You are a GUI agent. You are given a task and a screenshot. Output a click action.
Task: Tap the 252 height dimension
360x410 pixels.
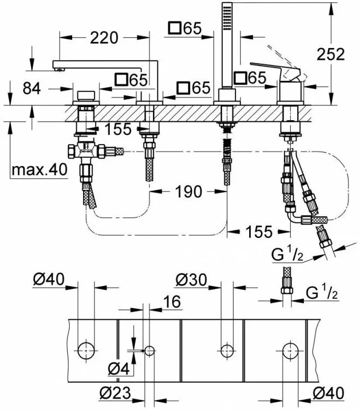click(x=331, y=55)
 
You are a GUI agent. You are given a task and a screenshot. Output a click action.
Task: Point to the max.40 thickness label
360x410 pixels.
click(x=39, y=170)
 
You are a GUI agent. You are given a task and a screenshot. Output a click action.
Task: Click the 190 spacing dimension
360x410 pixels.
click(x=188, y=192)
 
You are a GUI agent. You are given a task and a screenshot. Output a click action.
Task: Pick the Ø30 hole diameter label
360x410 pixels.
click(x=191, y=280)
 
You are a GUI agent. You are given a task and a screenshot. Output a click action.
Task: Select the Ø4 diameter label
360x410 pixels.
click(x=119, y=369)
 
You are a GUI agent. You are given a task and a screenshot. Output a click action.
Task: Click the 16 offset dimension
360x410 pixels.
click(x=172, y=301)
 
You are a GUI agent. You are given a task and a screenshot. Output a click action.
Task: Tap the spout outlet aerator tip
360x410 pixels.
click(x=60, y=69)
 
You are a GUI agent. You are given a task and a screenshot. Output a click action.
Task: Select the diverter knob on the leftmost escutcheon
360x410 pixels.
click(x=86, y=96)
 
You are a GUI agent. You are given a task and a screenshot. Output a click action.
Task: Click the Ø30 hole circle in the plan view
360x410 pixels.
click(x=227, y=350)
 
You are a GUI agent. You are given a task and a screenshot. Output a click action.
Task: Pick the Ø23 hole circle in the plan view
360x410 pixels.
click(x=149, y=350)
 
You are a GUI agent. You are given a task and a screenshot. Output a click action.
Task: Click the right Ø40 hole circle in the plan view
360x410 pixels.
click(x=291, y=350)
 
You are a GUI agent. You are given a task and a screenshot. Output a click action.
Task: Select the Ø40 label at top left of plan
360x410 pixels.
click(x=49, y=280)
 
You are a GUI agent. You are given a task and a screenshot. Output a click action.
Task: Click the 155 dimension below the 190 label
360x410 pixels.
click(x=259, y=231)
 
